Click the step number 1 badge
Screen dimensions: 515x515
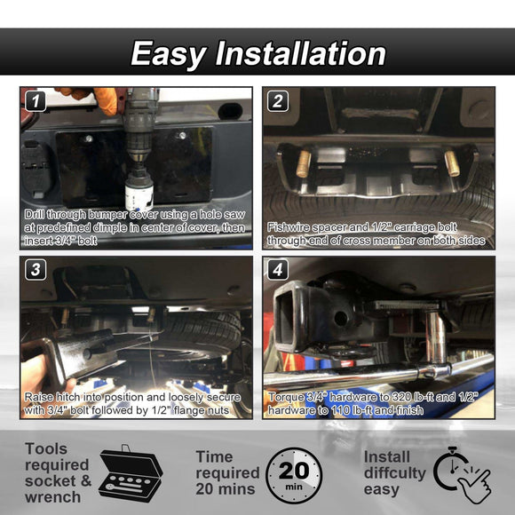point(36,101)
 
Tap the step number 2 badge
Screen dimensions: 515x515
point(278,101)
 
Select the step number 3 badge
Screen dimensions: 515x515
point(36,270)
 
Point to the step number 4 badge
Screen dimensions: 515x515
point(278,270)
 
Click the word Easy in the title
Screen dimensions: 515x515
point(169,54)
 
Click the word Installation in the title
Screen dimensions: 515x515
point(300,53)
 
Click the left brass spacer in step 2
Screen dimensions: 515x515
point(304,163)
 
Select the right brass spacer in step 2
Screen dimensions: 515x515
point(452,163)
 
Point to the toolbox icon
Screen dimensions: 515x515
point(130,473)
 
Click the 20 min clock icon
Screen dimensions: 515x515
point(294,475)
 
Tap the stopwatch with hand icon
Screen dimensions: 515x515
point(462,474)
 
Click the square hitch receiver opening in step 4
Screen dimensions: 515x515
point(287,317)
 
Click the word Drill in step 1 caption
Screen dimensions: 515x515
point(34,215)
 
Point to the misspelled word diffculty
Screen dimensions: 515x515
point(395,473)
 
